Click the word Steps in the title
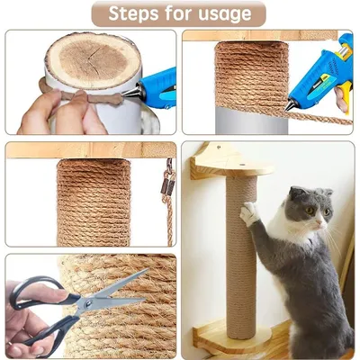136,14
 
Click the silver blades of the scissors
108,292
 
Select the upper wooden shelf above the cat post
230,162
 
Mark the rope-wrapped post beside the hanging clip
94,202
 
